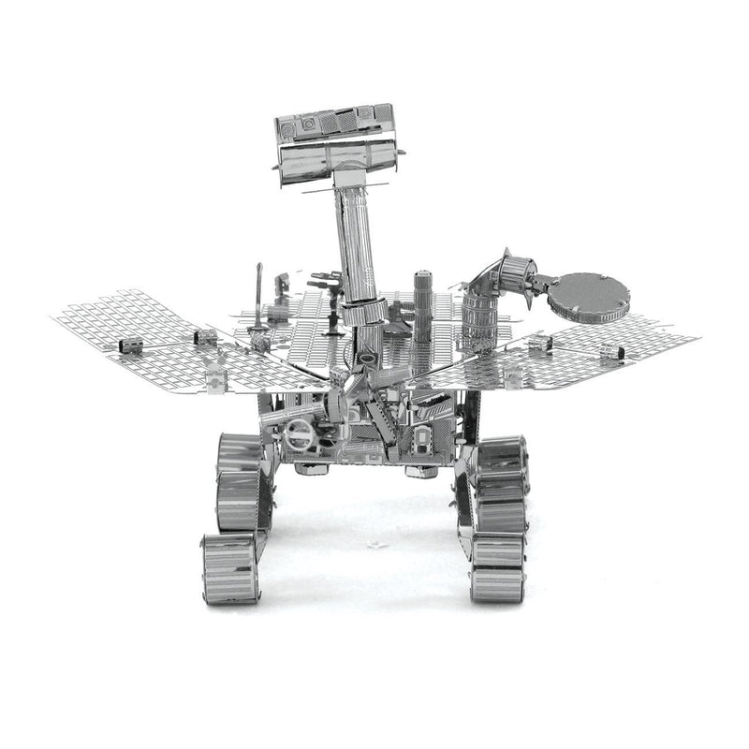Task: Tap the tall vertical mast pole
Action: pos(360,243)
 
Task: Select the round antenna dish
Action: pos(589,294)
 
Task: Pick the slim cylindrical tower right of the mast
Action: pos(423,304)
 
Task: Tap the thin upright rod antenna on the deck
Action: pos(257,300)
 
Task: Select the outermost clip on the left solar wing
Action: pos(130,346)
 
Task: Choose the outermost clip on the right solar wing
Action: pos(609,351)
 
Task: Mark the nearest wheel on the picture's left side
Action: pos(229,568)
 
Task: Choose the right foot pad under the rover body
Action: pos(420,471)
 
